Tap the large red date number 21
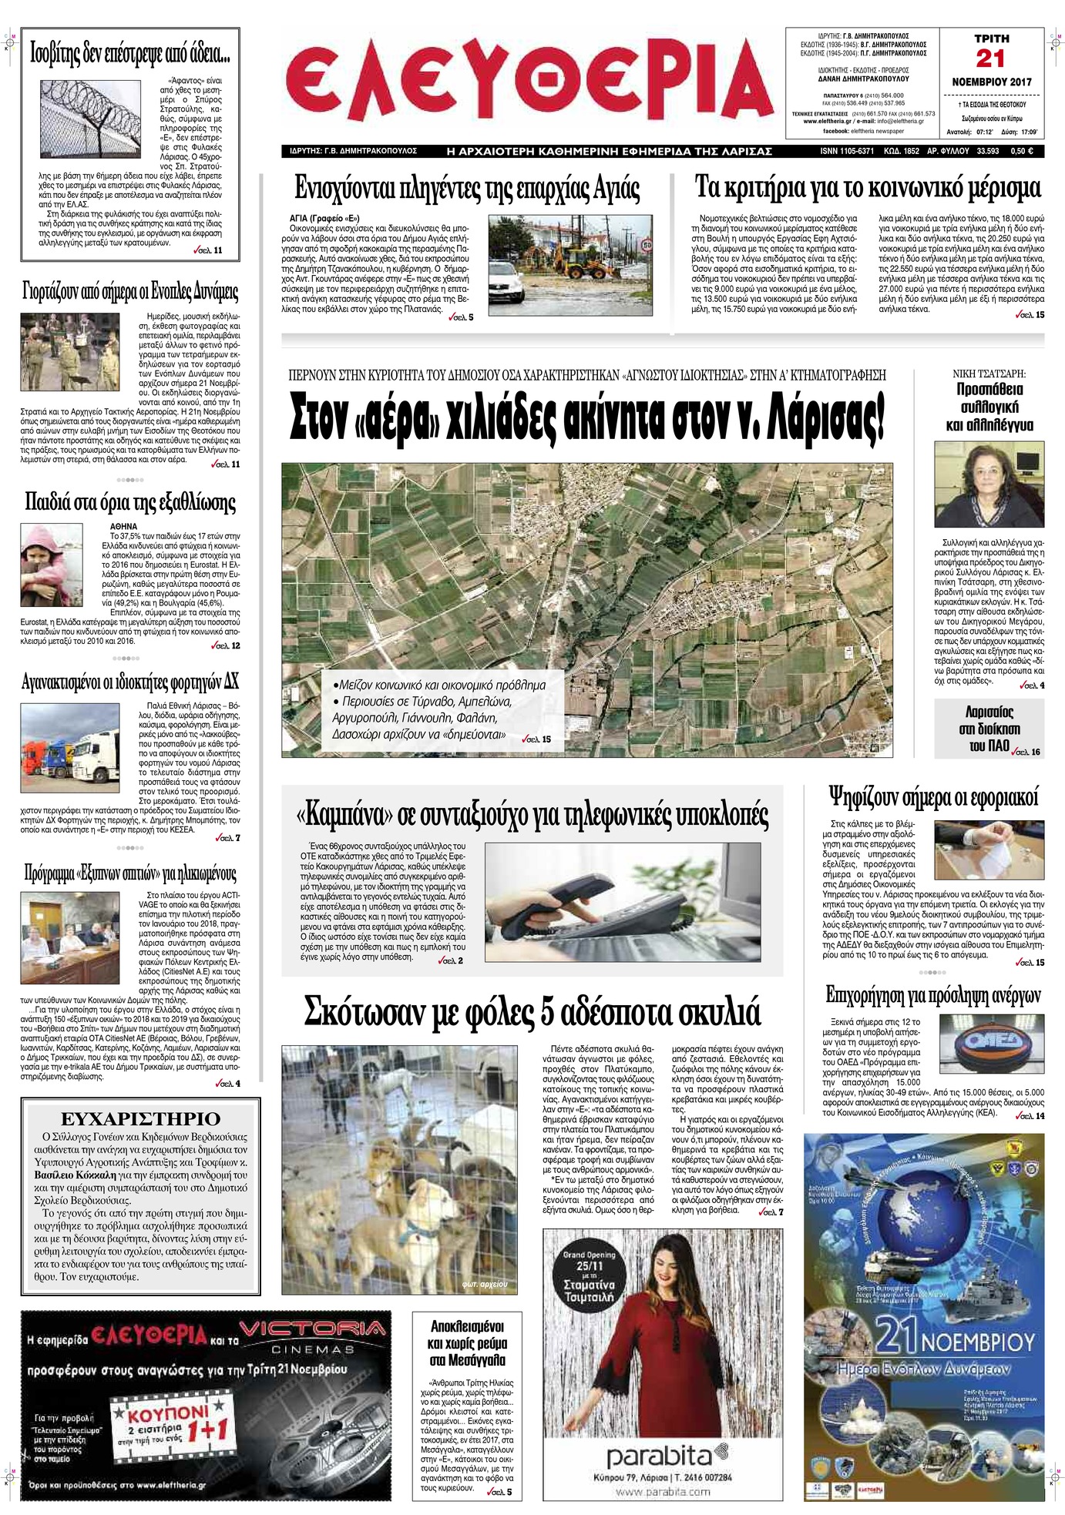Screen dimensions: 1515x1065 (x=990, y=59)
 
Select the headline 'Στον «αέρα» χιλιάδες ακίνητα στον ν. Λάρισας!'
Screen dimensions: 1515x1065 (x=586, y=418)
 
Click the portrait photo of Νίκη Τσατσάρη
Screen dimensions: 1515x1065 (x=989, y=484)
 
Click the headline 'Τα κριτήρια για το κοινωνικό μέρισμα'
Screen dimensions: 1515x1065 (x=868, y=187)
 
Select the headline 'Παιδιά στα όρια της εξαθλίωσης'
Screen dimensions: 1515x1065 (x=130, y=503)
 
